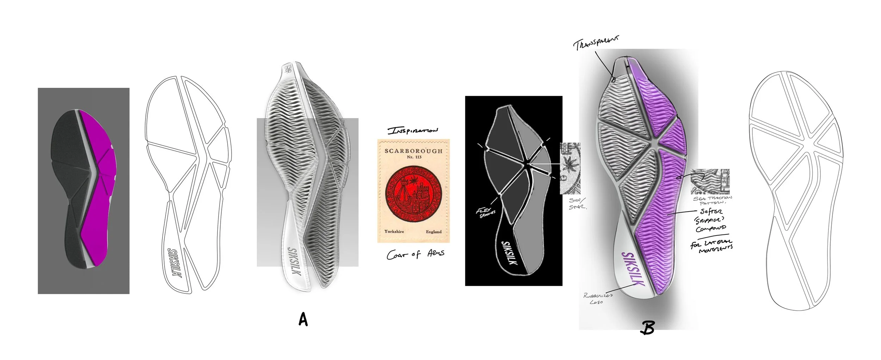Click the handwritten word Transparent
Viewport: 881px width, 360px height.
pyautogui.click(x=596, y=44)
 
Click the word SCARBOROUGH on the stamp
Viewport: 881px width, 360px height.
pyautogui.click(x=413, y=151)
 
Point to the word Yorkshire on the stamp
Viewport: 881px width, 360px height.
pyautogui.click(x=394, y=231)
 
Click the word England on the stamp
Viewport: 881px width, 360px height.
pyautogui.click(x=433, y=232)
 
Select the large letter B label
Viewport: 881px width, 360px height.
pyautogui.click(x=648, y=328)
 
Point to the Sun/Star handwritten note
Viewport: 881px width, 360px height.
pyautogui.click(x=578, y=203)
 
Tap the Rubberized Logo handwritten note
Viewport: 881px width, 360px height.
pyautogui.click(x=598, y=298)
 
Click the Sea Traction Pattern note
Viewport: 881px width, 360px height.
pyautogui.click(x=712, y=201)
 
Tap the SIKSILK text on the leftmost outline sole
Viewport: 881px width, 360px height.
pyautogui.click(x=175, y=268)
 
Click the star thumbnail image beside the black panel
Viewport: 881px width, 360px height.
pyautogui.click(x=570, y=168)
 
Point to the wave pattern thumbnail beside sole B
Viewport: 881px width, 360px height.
pyautogui.click(x=710, y=181)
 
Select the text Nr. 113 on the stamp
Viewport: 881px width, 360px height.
pyautogui.click(x=414, y=157)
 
